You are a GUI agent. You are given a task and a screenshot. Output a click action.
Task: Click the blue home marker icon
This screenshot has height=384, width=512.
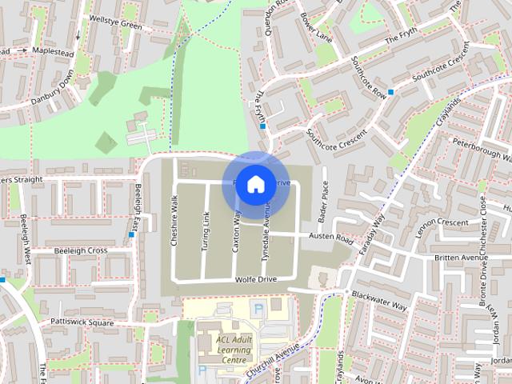(254, 184)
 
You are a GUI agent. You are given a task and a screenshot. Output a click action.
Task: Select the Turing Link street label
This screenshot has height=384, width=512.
(205, 233)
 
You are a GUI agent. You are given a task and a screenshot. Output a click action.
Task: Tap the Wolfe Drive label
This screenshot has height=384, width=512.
(255, 278)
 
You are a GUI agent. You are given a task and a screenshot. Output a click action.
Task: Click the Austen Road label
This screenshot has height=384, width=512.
(332, 238)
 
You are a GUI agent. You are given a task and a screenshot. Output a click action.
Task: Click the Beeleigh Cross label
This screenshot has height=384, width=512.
(80, 250)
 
